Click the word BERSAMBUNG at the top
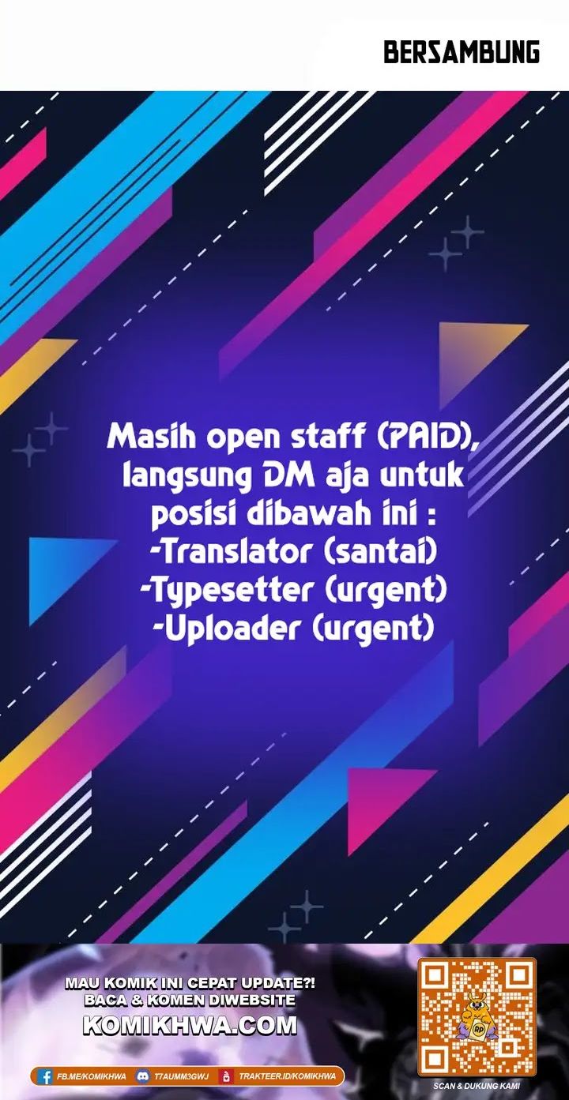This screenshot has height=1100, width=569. click(462, 53)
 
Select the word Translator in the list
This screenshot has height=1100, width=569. click(235, 552)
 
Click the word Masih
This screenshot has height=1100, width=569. click(147, 437)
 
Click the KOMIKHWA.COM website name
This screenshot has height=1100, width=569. click(190, 1026)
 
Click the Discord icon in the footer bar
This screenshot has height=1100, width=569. click(143, 1076)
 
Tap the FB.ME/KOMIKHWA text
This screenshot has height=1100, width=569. click(91, 1076)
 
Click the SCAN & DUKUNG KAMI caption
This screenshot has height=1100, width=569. click(477, 1086)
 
